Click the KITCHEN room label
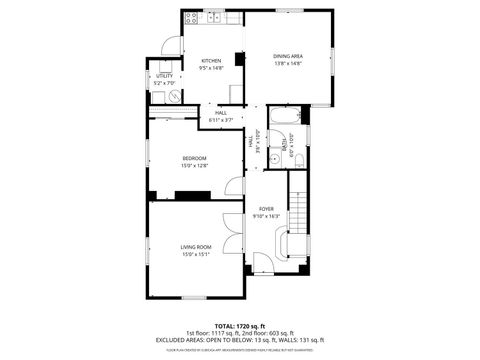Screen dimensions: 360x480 point(211,60)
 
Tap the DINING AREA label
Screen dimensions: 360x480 point(288,56)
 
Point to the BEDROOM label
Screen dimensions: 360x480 point(194,159)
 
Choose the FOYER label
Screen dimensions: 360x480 point(267,208)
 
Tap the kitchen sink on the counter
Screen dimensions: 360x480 point(213,19)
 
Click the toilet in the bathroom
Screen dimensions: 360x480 point(300,161)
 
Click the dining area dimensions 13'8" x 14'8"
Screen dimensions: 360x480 point(288,64)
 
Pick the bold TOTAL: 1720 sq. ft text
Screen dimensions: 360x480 point(239,326)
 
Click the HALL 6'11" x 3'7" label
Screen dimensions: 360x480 point(220,116)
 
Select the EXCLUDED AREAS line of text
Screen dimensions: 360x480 point(239,340)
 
